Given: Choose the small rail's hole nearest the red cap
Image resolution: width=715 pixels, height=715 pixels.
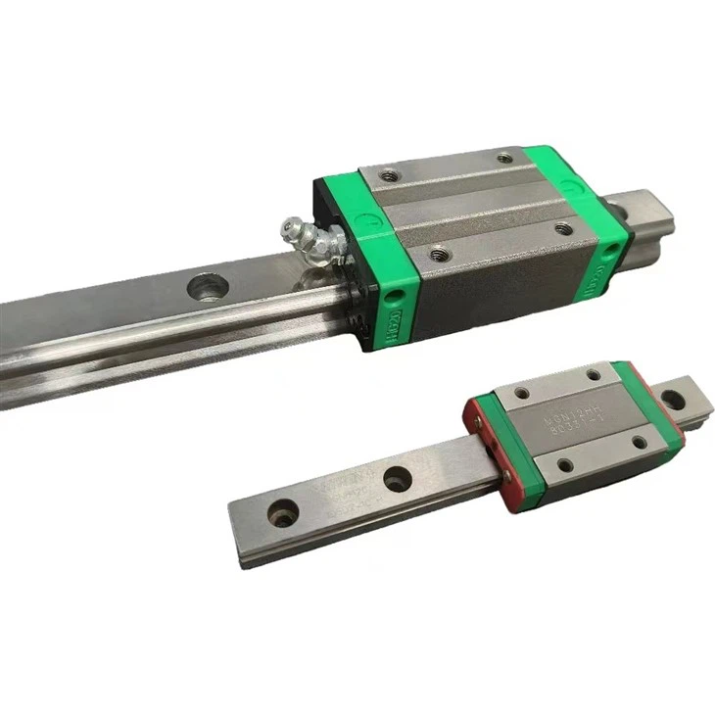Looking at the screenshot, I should pos(396,479).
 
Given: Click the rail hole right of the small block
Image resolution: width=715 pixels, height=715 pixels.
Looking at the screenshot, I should pos(672,400).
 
